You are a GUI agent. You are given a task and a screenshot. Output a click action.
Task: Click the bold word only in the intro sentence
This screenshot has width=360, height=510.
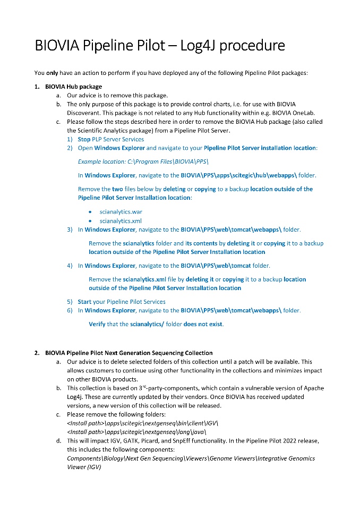52,73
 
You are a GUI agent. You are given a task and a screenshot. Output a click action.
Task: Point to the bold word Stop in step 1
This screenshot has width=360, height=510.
84,139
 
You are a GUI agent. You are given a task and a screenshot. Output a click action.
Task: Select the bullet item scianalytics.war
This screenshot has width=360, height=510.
121,212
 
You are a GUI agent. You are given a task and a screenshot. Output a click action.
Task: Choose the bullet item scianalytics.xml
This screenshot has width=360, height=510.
121,221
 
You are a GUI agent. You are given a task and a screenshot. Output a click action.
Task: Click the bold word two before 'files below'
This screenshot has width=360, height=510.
117,189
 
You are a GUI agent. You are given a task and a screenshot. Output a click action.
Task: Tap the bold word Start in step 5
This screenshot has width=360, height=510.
84,302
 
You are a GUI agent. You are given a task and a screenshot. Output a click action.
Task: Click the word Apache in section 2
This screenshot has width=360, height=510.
313,388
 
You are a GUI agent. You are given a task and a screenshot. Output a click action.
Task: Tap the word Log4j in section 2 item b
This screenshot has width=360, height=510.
76,397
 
